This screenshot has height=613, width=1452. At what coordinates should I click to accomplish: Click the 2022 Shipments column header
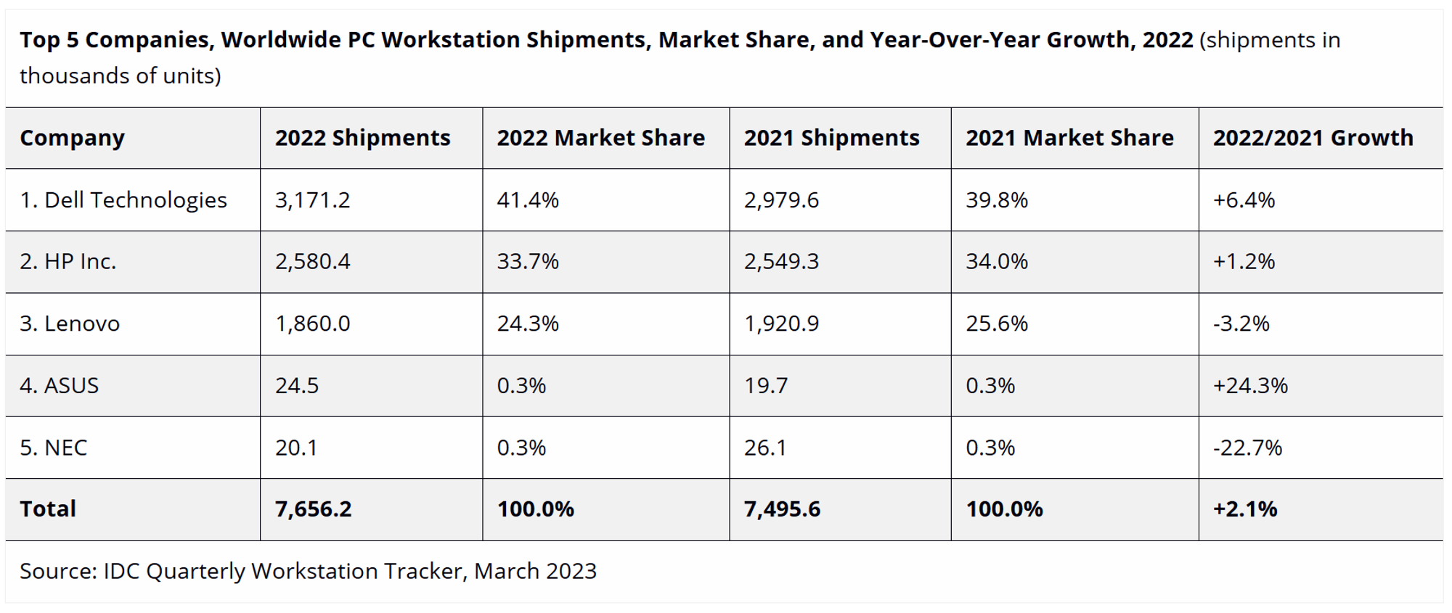362,138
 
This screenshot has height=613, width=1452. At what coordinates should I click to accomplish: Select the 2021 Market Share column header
1069,138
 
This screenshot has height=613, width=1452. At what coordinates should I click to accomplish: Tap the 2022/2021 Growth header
1313,138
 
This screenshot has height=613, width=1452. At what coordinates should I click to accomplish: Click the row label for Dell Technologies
123,200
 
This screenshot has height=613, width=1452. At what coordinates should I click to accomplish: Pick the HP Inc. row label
68,262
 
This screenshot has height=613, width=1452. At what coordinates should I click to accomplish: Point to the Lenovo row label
70,324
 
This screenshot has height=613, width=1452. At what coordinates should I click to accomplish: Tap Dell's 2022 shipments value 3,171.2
312,200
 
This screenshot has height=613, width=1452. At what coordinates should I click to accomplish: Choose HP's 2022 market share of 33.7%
528,262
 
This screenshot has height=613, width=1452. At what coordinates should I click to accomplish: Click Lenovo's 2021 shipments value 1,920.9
781,324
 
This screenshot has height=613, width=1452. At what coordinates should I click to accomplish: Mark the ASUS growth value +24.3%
1250,385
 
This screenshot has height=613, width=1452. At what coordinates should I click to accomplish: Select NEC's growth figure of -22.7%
1247,448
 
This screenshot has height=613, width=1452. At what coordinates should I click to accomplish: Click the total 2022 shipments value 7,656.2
313,509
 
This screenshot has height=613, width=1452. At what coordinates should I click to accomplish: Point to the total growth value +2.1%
1245,509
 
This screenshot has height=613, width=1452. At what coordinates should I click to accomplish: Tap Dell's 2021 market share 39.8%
997,200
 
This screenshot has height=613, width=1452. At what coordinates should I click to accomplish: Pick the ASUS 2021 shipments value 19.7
766,385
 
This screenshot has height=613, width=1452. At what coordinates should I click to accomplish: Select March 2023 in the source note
535,572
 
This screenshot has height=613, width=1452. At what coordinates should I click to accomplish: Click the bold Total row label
48,509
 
